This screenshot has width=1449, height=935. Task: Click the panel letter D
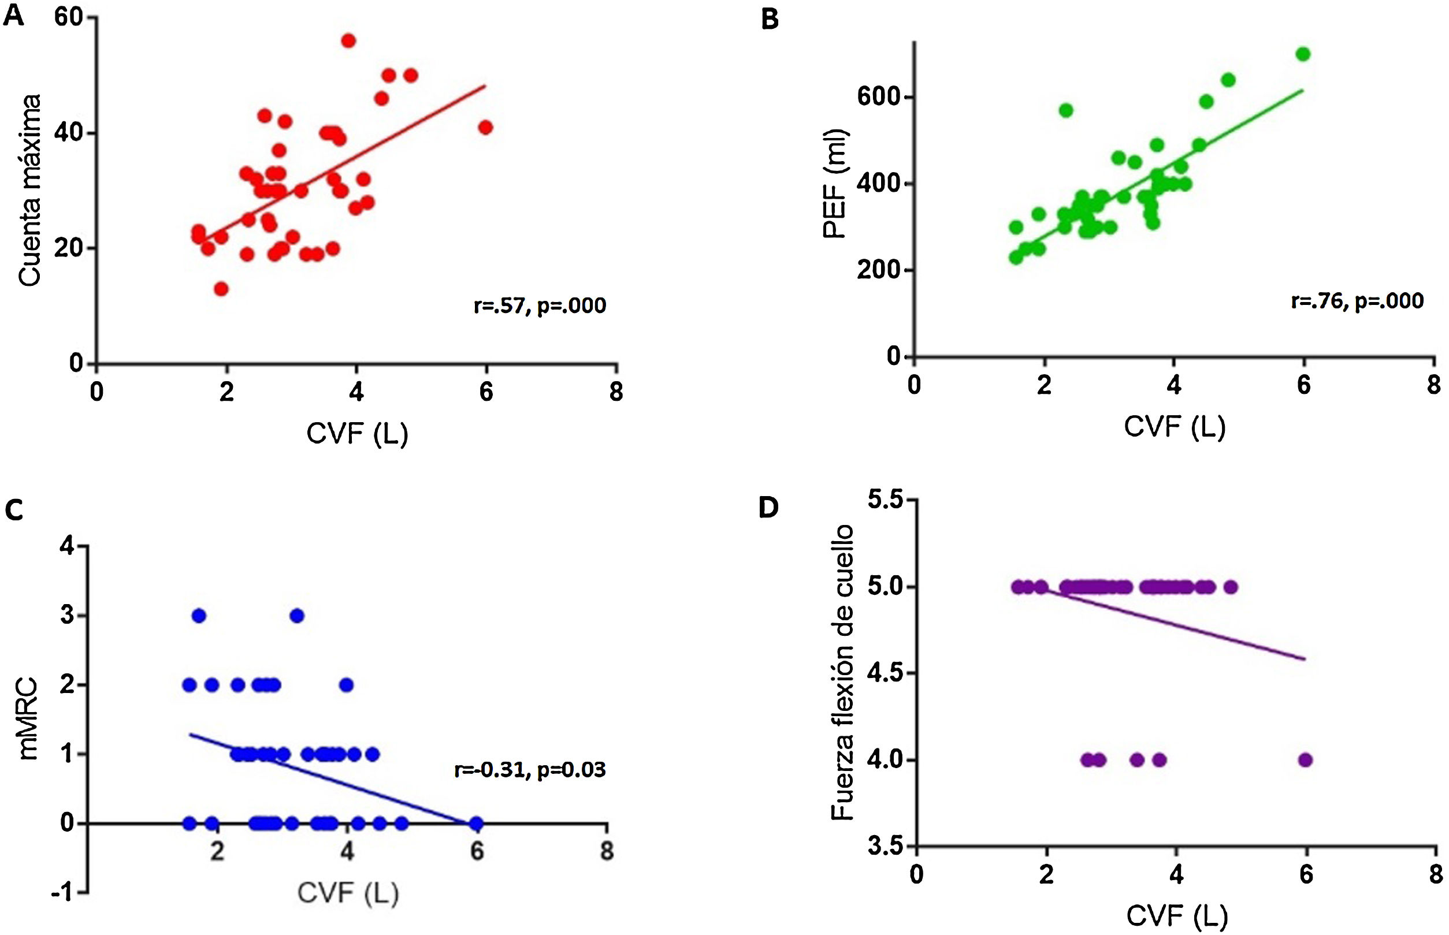point(769,507)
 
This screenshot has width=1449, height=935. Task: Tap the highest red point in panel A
point(348,40)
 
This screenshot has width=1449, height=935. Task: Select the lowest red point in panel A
point(221,288)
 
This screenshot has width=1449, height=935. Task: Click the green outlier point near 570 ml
point(1066,110)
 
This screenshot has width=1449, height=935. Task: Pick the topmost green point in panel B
point(1303,54)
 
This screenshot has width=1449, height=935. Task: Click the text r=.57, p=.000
point(539,306)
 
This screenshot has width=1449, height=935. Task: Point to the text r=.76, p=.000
point(1357,301)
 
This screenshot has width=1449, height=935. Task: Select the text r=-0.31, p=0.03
point(530,770)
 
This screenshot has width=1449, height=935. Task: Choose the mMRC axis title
point(28,720)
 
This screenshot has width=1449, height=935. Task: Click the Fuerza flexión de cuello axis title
point(842,673)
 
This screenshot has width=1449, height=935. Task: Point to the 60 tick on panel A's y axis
point(68,17)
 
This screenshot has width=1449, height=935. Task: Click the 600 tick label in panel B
point(878,97)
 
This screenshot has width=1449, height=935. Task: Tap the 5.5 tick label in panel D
point(884,500)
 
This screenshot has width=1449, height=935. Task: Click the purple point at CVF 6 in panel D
point(1305,759)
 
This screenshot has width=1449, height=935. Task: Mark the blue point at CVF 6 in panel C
point(477,824)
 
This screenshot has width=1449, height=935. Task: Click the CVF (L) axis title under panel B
point(1175,427)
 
